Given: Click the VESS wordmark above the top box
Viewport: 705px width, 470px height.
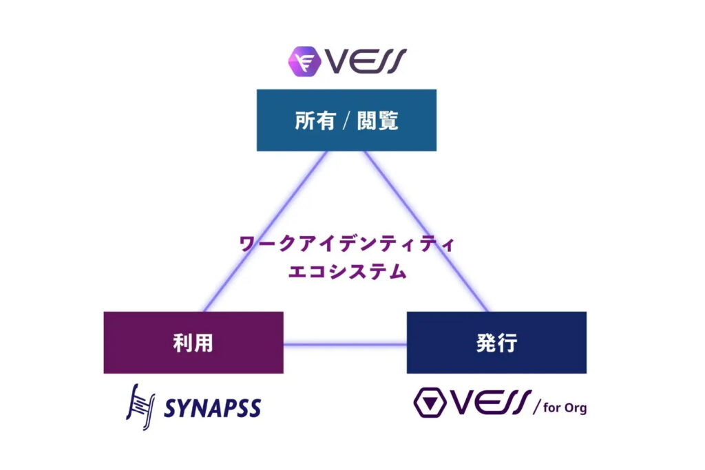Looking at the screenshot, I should [x=366, y=61].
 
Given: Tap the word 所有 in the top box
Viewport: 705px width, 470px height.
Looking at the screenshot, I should [x=315, y=121].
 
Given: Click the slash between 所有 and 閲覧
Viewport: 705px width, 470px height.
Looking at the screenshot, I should [x=347, y=122].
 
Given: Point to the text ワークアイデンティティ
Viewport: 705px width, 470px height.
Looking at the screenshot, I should [x=346, y=244].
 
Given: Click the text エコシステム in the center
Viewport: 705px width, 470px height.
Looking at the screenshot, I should [x=346, y=271].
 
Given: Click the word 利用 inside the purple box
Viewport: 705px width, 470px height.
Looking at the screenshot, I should [x=193, y=343].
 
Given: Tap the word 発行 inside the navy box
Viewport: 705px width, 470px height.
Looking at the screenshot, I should [x=496, y=343].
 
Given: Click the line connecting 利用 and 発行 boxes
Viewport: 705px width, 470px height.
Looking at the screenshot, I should [x=344, y=343].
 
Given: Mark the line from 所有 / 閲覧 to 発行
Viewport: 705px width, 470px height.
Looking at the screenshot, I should [x=425, y=231].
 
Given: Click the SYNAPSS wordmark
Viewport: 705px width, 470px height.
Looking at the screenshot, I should [x=212, y=408].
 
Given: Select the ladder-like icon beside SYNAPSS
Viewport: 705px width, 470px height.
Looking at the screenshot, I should [x=140, y=406].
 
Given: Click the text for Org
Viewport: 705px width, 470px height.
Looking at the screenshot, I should [x=565, y=408].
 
